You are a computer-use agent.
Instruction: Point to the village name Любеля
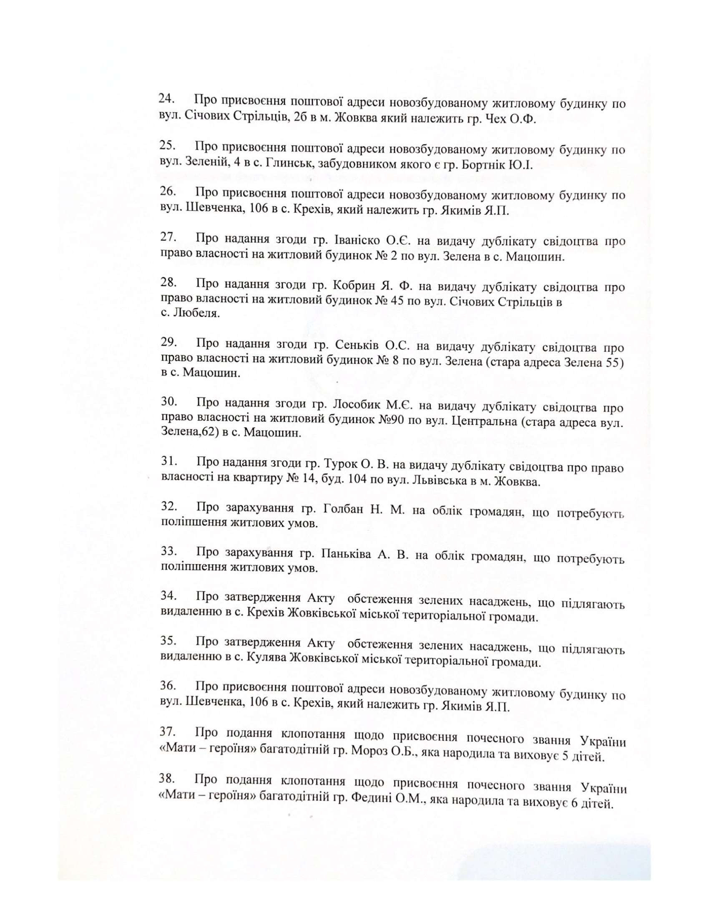[196, 313]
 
